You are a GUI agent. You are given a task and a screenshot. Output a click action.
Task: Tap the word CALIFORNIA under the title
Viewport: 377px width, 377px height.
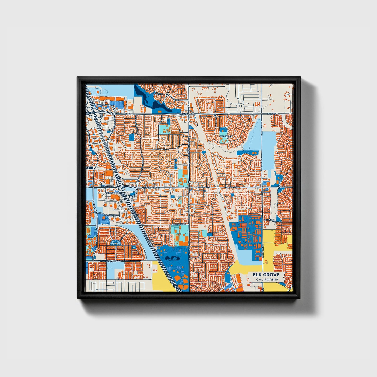pos(267,280)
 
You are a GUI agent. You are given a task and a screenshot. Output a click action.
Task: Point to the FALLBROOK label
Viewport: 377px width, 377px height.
pos(226,136)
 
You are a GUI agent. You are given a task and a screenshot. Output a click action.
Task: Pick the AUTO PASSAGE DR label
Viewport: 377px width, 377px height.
pos(107,214)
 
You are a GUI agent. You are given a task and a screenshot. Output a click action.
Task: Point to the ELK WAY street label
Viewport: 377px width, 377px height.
pos(161,149)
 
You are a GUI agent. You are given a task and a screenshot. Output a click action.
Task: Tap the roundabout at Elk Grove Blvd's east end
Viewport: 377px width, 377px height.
pos(279,187)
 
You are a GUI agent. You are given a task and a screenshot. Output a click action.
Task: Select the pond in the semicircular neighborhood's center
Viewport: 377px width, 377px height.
pos(114,243)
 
